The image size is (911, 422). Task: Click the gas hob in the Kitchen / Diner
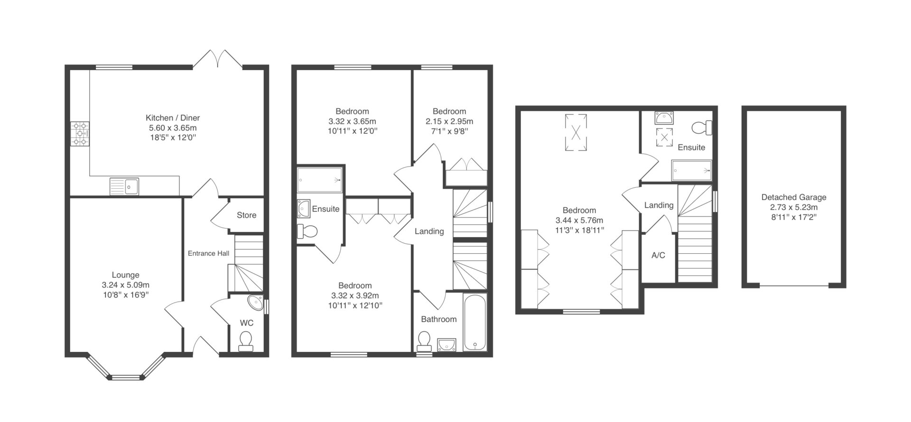click(x=80, y=134)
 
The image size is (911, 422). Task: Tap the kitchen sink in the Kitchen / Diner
click(x=124, y=186)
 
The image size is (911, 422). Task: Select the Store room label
click(x=247, y=215)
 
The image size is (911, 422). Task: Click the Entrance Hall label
click(x=209, y=253)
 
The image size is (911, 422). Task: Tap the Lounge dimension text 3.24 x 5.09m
click(x=126, y=285)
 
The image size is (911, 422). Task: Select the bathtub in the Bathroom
click(x=474, y=323)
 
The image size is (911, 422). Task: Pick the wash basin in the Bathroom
click(x=446, y=345)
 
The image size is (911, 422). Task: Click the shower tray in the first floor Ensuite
click(x=319, y=180)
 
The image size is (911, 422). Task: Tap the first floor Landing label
click(x=429, y=231)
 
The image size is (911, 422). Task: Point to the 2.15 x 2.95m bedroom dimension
click(x=449, y=121)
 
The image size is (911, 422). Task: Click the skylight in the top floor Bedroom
click(x=576, y=132)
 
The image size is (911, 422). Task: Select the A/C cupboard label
click(x=658, y=255)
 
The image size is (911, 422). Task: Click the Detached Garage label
click(x=794, y=197)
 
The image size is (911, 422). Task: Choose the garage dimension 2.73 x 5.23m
click(x=794, y=207)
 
